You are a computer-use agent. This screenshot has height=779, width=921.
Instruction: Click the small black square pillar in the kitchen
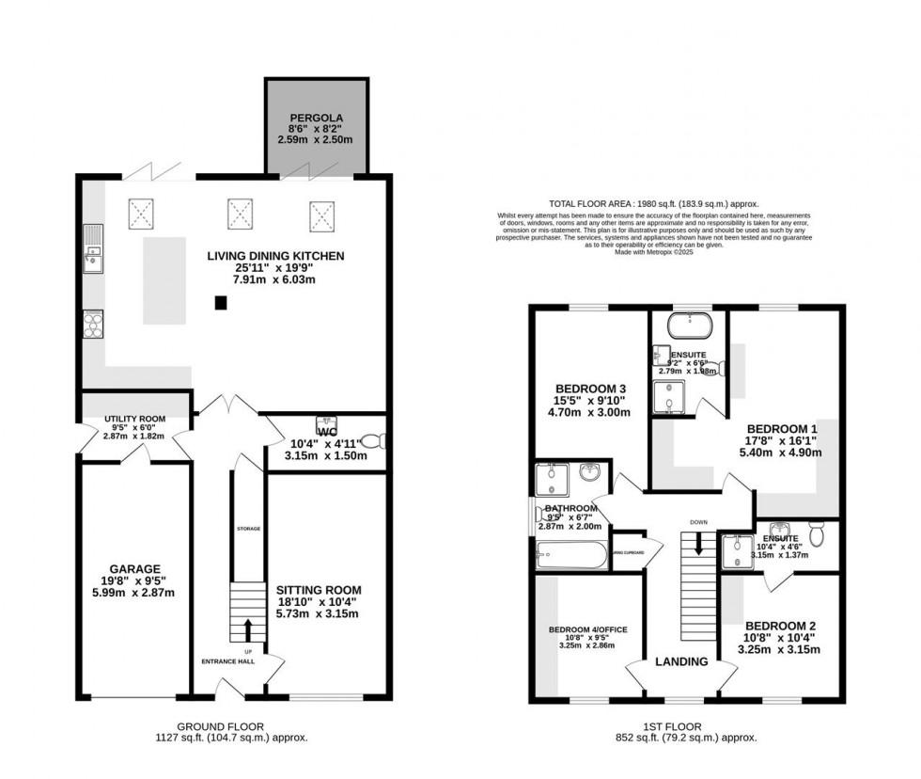click(x=220, y=303)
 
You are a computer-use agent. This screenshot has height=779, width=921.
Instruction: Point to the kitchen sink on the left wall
click(x=92, y=248)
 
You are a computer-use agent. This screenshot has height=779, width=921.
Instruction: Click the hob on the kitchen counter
click(x=94, y=324)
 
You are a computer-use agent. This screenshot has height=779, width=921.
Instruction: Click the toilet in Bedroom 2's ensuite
click(x=817, y=534)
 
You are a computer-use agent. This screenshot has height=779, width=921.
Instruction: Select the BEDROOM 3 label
click(x=590, y=389)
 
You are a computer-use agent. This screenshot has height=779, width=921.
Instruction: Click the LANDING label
click(x=681, y=661)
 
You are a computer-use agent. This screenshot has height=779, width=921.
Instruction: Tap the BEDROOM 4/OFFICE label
click(x=587, y=629)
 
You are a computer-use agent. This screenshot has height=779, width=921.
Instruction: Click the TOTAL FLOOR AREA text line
click(x=653, y=203)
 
